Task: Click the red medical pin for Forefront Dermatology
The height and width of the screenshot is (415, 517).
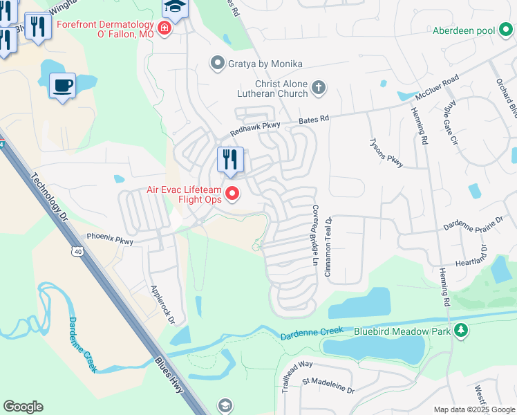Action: tap(164, 28)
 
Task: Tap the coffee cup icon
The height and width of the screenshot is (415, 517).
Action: tap(63, 86)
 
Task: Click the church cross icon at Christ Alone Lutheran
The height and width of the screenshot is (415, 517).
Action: tap(318, 87)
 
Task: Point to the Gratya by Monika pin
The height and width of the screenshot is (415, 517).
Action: tap(218, 64)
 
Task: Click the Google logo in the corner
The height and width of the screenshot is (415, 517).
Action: tap(23, 407)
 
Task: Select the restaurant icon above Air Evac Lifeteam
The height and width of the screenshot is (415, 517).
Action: tap(230, 160)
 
